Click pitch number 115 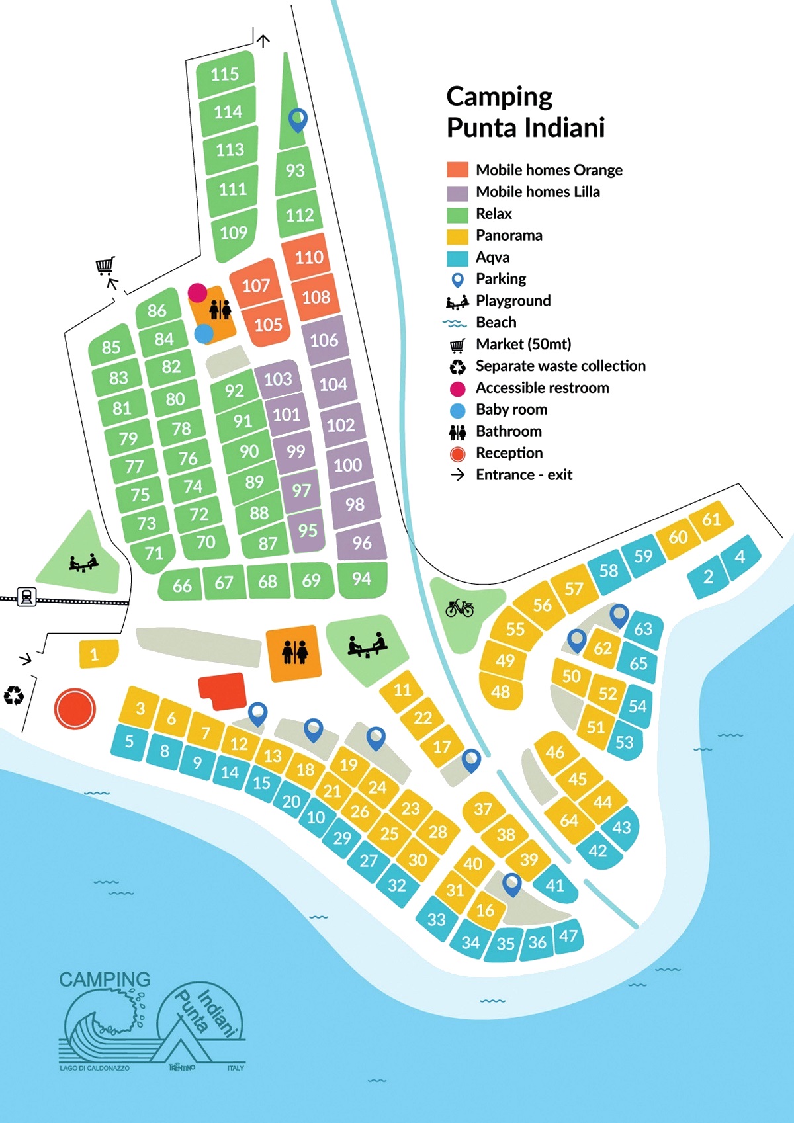pyautogui.click(x=225, y=74)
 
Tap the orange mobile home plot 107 pyautogui.click(x=255, y=285)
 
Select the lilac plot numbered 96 pyautogui.click(x=361, y=542)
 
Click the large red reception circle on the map pyautogui.click(x=75, y=708)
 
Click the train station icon pyautogui.click(x=26, y=597)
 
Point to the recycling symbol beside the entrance pyautogui.click(x=14, y=695)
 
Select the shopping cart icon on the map pyautogui.click(x=105, y=266)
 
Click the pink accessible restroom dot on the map pyautogui.click(x=197, y=292)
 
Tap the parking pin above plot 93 pyautogui.click(x=298, y=120)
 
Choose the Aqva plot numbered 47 pyautogui.click(x=568, y=935)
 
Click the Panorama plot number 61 pyautogui.click(x=711, y=519)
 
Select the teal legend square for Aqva pyautogui.click(x=457, y=257)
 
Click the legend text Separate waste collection pyautogui.click(x=560, y=366)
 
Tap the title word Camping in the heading pyautogui.click(x=499, y=97)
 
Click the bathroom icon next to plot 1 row pyautogui.click(x=294, y=652)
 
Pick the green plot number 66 pyautogui.click(x=182, y=585)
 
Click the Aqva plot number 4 pyautogui.click(x=740, y=556)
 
